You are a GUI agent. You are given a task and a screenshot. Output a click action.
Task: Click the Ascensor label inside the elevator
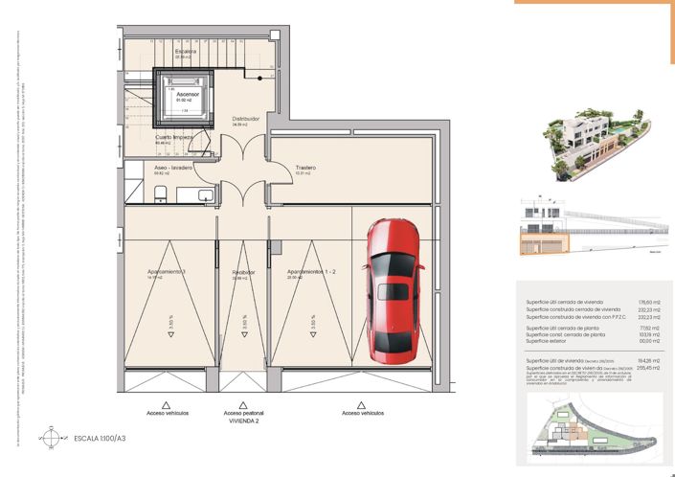[x=188, y=95]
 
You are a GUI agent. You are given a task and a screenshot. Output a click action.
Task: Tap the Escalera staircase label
[x=186, y=52]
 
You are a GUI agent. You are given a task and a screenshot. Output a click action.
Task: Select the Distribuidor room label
[x=246, y=120]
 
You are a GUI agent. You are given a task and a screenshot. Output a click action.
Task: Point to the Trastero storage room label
[x=305, y=168]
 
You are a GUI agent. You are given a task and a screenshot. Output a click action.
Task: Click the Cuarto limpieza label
[x=175, y=138]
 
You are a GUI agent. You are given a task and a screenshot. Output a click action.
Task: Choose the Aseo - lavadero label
[x=173, y=168]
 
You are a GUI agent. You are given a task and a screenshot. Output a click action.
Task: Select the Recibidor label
[x=243, y=272]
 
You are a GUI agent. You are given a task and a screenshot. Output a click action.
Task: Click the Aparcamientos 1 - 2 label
[x=310, y=272]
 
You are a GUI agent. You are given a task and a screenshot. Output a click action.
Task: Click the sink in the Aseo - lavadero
[x=206, y=196]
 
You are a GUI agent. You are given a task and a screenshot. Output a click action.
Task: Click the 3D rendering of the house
[x=585, y=144]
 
